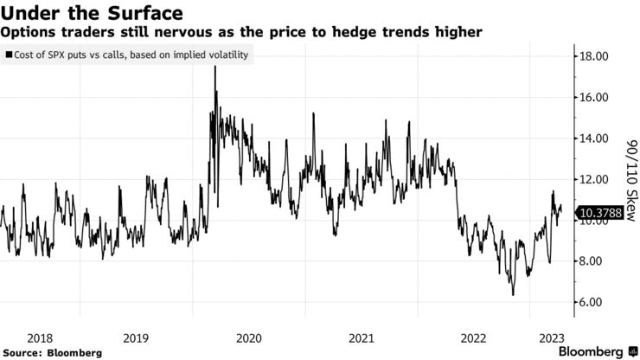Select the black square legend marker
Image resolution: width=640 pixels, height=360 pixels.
[8, 55]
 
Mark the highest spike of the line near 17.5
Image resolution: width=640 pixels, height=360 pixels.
[214, 67]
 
